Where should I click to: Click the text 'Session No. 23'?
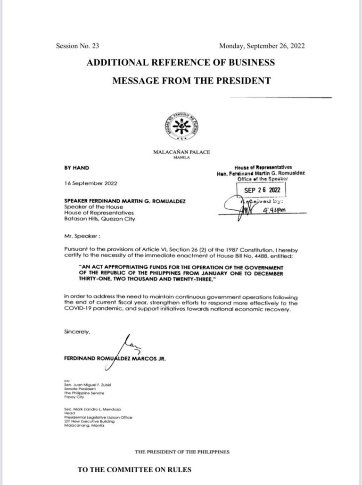pyautogui.click(x=77, y=46)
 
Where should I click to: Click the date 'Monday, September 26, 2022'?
pyautogui.click(x=262, y=46)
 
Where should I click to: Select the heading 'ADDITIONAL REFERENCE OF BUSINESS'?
pyautogui.click(x=181, y=63)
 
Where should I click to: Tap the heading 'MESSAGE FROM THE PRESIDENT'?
pyautogui.click(x=191, y=81)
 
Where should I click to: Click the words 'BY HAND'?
pyautogui.click(x=76, y=167)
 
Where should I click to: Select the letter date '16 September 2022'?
pyautogui.click(x=90, y=183)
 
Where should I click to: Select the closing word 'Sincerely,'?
pyautogui.click(x=77, y=331)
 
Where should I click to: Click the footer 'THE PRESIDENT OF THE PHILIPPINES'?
pyautogui.click(x=182, y=452)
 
